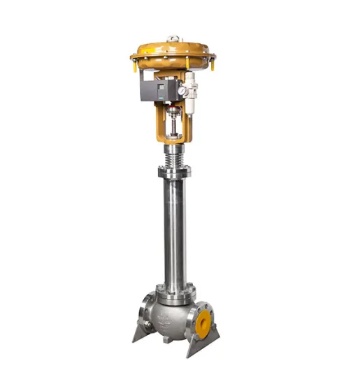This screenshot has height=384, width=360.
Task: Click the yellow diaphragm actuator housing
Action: [x=173, y=52]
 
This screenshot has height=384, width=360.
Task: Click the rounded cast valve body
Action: [x=172, y=314]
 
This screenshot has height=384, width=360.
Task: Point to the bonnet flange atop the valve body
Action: [x=175, y=288]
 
